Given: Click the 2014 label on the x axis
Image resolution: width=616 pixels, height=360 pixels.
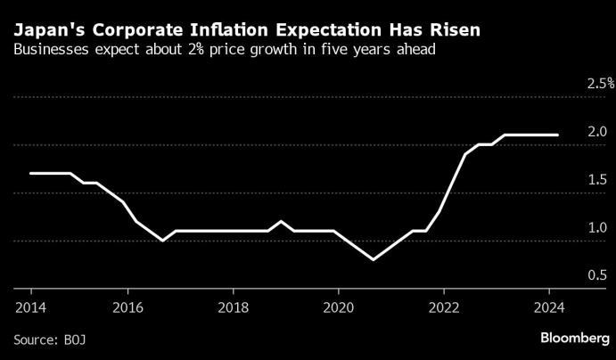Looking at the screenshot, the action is point(30,307).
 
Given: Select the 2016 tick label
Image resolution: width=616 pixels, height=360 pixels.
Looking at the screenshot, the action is point(128,307).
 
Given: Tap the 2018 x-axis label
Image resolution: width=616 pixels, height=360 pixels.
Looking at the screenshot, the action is point(234,307).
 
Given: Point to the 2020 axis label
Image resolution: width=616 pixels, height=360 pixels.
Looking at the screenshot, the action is point(339,307).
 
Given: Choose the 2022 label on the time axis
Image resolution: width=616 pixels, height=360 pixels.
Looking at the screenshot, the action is point(444,307).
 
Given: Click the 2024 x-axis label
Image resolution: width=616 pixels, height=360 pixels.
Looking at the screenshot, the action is point(549,307).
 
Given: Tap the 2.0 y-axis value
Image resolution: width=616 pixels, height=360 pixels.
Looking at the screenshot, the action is point(597,132).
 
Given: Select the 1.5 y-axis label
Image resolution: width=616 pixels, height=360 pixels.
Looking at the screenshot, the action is point(597,179).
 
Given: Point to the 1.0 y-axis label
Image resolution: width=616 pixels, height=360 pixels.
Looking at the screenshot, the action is point(597,228).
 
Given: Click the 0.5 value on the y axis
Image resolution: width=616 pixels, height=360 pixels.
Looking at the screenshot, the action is point(597,275).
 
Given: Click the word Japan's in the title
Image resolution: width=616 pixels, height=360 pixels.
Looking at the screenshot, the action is point(45,30).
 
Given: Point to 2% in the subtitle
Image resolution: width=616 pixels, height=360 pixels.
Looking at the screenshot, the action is point(195,50).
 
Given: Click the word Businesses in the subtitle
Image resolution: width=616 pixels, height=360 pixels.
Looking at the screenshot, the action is point(51,50).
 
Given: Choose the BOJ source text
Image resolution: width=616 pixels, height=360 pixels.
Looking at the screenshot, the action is point(75,340).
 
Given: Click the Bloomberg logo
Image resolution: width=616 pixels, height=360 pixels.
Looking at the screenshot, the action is point(575,338).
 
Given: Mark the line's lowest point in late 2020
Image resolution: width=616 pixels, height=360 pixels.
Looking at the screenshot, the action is point(374,259).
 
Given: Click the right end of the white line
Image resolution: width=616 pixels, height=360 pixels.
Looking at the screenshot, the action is point(557,135).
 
